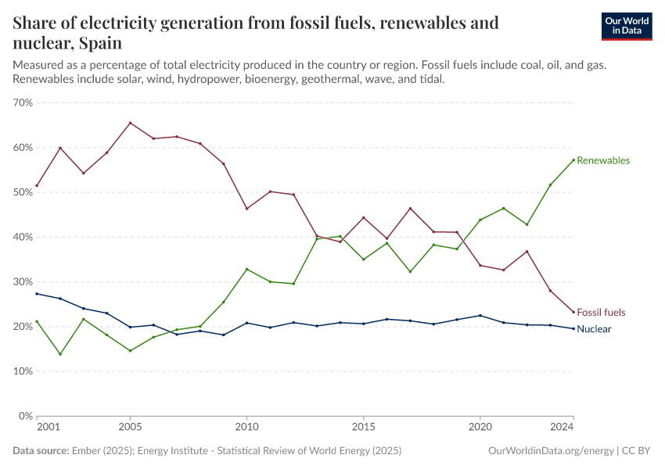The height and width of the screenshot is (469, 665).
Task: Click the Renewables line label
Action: coord(602,160)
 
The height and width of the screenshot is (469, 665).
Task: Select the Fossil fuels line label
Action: coord(601,313)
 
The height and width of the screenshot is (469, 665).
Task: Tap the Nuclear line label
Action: coord(594,329)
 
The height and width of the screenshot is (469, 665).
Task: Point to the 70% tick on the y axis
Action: coord(23,102)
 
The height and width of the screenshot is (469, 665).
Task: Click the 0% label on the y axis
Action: coord(26,416)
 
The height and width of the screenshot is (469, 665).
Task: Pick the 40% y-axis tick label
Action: coord(23,237)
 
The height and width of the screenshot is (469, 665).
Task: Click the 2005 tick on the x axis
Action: coord(130,428)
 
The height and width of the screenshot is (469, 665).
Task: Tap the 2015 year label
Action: coord(363,428)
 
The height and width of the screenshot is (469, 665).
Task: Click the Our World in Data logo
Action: coord(626,25)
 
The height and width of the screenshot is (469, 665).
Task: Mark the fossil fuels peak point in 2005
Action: coord(130,123)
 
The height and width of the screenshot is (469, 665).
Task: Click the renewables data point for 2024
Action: coord(573,160)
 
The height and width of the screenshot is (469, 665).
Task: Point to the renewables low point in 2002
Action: coord(60,354)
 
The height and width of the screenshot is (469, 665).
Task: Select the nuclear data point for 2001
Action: coord(37,293)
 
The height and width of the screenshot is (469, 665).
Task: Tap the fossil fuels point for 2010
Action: coord(246,209)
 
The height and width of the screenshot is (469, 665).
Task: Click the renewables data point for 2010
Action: coord(246,269)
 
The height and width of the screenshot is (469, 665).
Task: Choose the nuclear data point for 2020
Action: coord(480,316)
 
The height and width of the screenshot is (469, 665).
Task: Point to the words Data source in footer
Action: coord(40,451)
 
